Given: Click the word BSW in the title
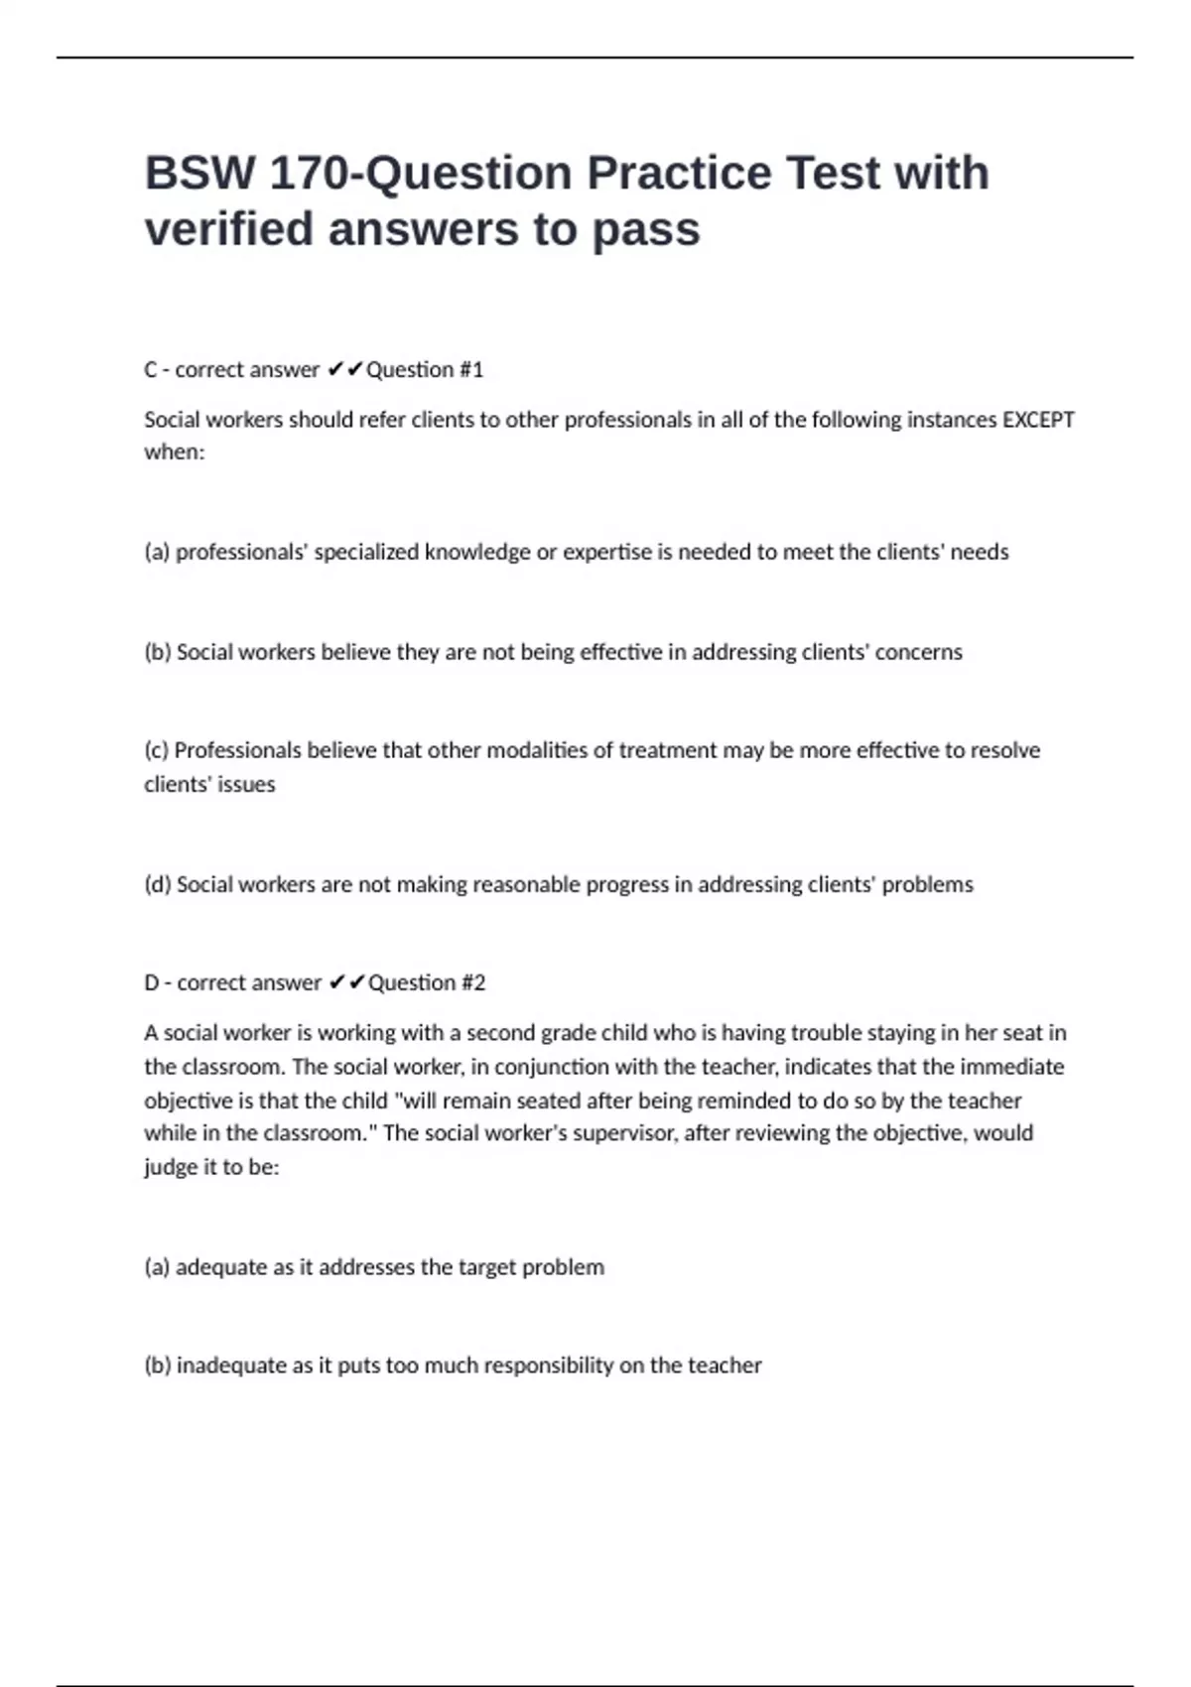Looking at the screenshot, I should coord(199,174).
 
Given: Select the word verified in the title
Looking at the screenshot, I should coord(229,229).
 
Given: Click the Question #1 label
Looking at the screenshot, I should coord(425,370).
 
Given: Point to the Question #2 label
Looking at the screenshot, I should coord(427,982).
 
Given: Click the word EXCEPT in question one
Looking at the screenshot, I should coord(1038,420).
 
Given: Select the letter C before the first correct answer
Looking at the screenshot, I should coord(151,370).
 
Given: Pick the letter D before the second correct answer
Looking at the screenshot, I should coord(152,982).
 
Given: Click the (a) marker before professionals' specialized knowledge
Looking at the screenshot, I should coord(157,552).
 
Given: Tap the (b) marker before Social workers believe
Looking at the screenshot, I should coord(158,652).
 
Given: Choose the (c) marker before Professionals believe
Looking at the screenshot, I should coord(157,750).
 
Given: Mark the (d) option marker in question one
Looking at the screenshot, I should coord(158,884).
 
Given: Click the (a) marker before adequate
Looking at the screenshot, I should coord(157,1267).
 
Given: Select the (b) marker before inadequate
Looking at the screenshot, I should coord(158,1365).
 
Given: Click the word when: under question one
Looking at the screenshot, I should coord(174,453).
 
